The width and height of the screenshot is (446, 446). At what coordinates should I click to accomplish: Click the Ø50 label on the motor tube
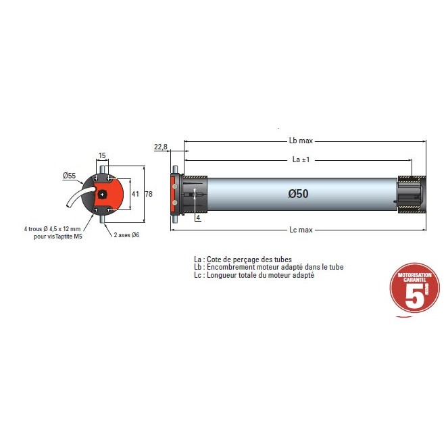[298, 193]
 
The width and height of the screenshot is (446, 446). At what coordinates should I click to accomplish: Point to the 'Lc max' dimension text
[300, 230]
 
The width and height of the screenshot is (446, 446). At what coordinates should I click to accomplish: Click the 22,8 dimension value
[161, 147]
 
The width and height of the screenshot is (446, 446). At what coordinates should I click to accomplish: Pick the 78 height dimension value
[149, 194]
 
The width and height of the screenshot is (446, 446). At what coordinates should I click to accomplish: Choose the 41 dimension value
[135, 194]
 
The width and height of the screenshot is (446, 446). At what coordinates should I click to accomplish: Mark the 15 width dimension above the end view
[102, 156]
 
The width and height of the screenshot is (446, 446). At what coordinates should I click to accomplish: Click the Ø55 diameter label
[69, 176]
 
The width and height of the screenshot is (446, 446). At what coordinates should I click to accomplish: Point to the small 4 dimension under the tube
[198, 218]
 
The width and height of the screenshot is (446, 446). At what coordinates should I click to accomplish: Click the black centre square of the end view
[101, 194]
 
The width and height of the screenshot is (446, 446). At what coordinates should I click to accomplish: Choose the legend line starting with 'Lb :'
[268, 267]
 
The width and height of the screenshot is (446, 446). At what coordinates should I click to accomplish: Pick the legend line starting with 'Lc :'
[253, 275]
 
